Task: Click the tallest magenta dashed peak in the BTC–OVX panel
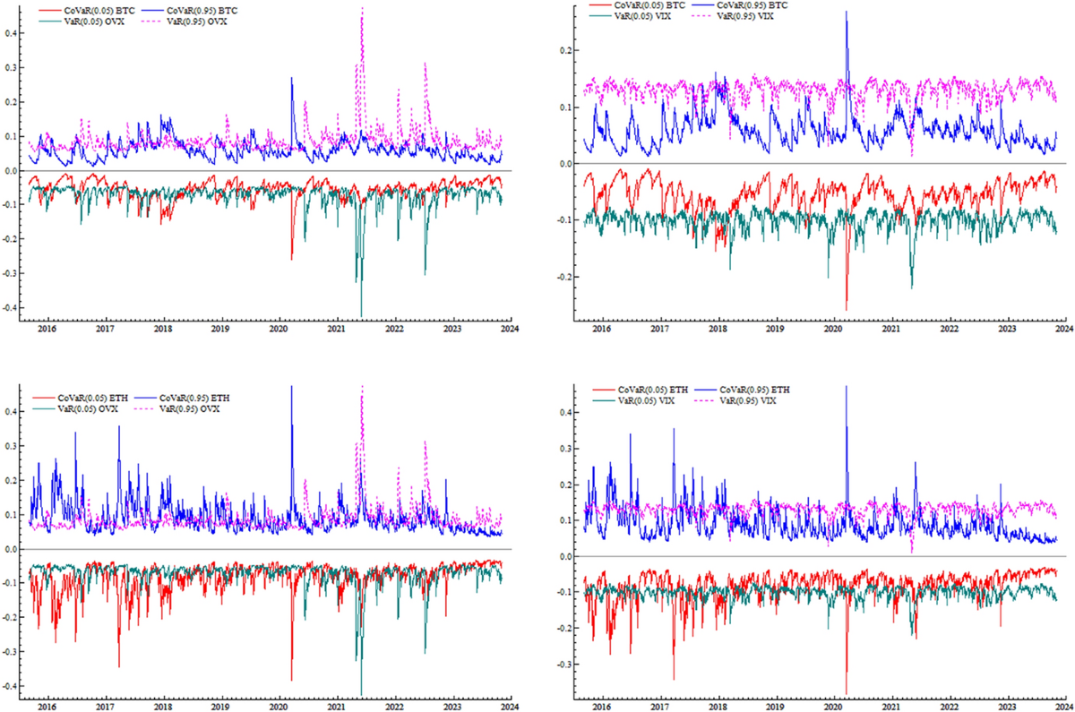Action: pos(362,9)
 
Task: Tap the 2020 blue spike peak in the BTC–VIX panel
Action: pos(847,12)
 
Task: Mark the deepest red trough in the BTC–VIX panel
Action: pos(847,310)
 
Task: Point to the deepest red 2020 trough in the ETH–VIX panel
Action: pos(847,694)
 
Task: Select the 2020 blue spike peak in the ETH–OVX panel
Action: pos(291,387)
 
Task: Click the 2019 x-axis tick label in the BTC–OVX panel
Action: pos(220,330)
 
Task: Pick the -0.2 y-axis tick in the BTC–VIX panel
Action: pos(563,277)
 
